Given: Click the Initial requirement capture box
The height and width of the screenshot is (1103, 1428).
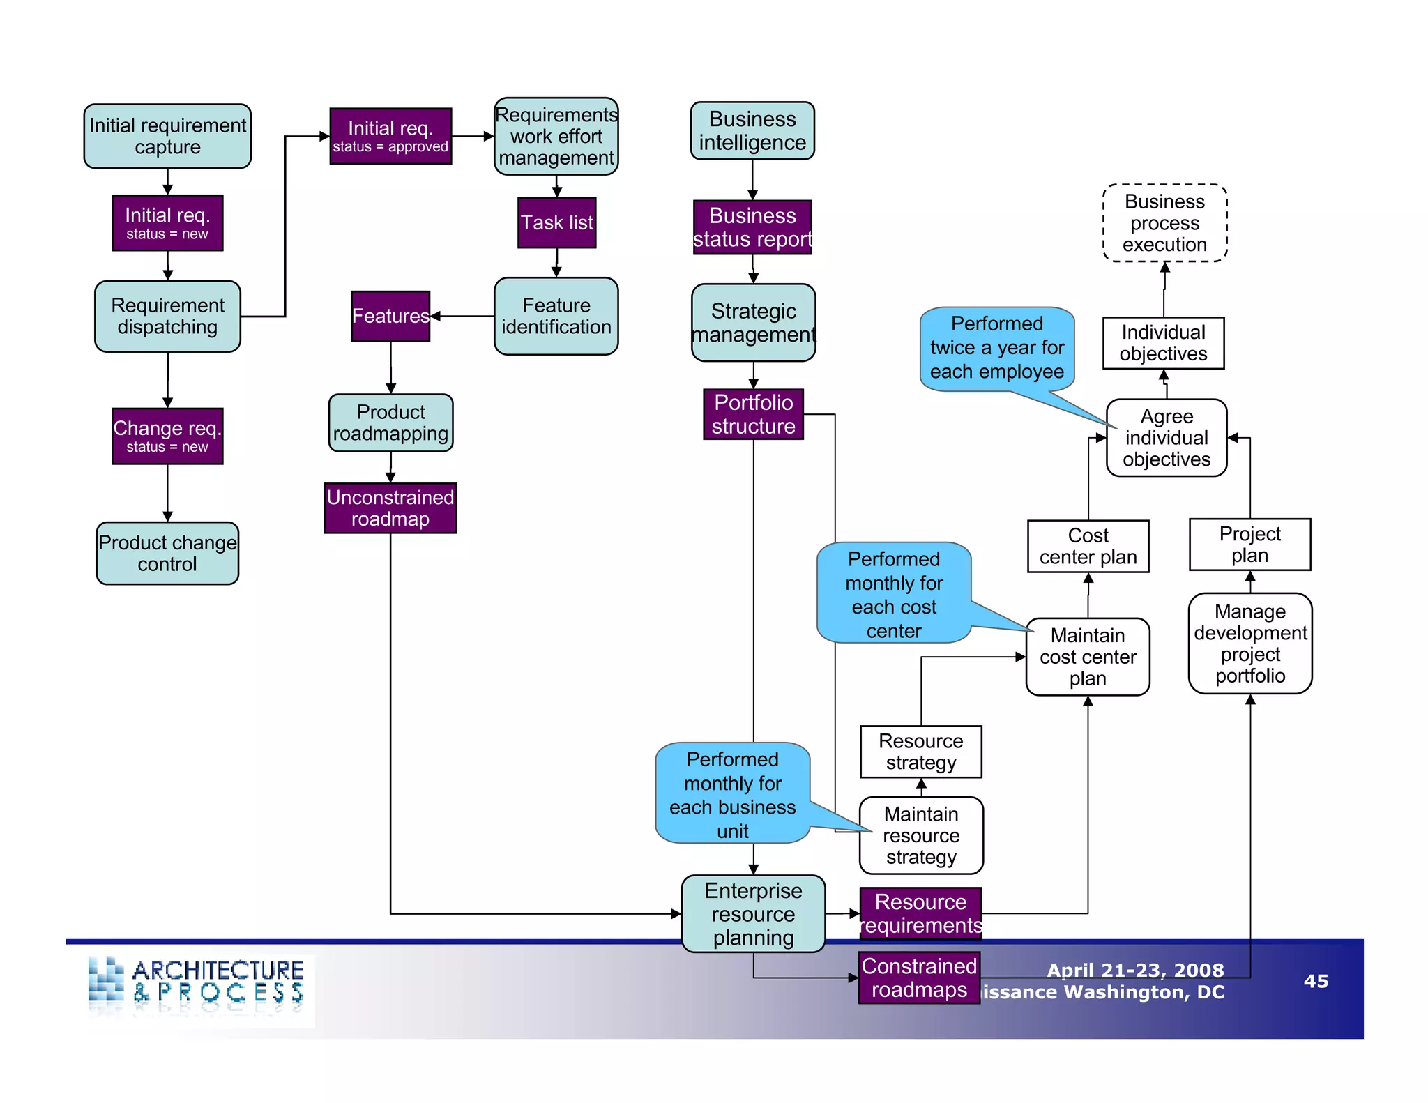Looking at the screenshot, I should [167, 137].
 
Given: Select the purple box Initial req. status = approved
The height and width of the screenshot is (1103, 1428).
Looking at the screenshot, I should [390, 137].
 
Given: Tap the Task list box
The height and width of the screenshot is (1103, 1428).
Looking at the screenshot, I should [556, 223].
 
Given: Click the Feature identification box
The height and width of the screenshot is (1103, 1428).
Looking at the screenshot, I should [556, 317].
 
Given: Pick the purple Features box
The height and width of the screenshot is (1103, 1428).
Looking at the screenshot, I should [390, 317].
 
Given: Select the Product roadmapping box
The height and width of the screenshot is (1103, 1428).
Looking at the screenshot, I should [390, 423].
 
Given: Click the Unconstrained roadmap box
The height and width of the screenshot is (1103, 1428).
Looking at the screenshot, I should [390, 508].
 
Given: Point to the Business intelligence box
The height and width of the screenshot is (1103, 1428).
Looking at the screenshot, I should [752, 131].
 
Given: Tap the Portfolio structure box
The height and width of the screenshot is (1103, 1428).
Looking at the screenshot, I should [753, 414].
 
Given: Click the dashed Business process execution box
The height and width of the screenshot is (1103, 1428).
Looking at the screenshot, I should [1164, 223].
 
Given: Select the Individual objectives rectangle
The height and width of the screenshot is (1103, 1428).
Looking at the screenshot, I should [1163, 343].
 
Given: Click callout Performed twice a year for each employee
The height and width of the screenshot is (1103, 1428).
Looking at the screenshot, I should [996, 348].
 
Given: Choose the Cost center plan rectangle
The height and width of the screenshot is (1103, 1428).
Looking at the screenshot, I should [1088, 547].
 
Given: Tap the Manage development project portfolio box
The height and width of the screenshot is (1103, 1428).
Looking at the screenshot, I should [1249, 644].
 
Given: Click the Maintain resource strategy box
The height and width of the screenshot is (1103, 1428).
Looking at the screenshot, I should [921, 835].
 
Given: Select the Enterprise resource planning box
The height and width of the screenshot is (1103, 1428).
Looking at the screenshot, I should [753, 914].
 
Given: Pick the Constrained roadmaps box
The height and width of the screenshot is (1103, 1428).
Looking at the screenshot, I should [919, 978].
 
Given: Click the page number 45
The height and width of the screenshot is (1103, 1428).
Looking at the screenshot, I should [1316, 982].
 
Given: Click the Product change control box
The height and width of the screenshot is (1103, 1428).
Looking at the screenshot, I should [167, 554].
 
